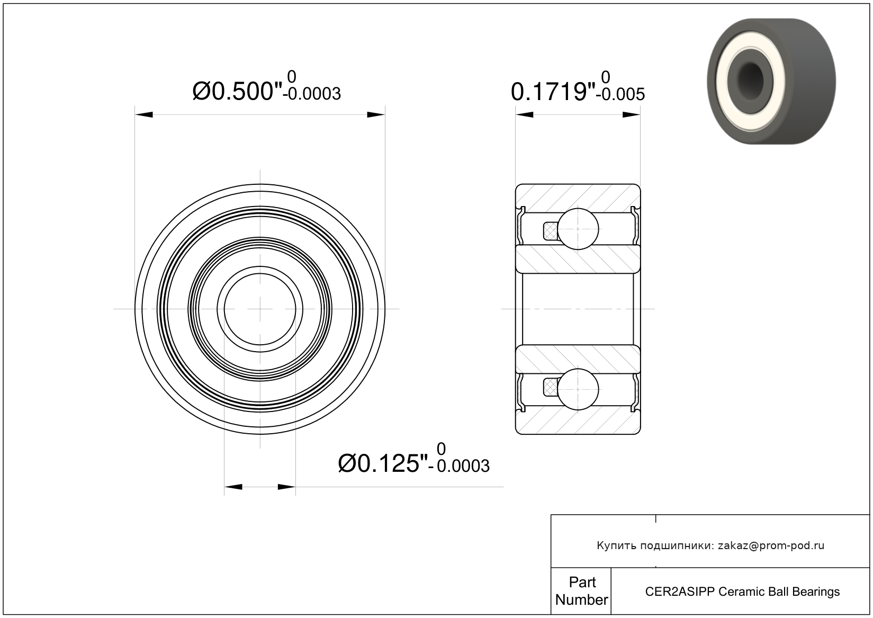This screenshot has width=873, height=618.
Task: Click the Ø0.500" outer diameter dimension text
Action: click(x=237, y=92)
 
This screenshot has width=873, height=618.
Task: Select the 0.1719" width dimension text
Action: click(x=553, y=92)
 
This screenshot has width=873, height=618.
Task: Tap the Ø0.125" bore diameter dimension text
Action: click(x=383, y=463)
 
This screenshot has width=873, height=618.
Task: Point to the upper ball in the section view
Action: click(x=578, y=229)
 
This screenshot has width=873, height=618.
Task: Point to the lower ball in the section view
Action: click(x=578, y=390)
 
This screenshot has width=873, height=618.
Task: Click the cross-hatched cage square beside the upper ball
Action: click(x=550, y=231)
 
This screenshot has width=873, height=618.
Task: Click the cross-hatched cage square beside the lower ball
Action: click(x=550, y=388)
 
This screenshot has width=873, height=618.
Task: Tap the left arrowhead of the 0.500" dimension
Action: click(x=144, y=114)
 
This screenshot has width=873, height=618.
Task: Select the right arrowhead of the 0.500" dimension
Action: click(x=376, y=114)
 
